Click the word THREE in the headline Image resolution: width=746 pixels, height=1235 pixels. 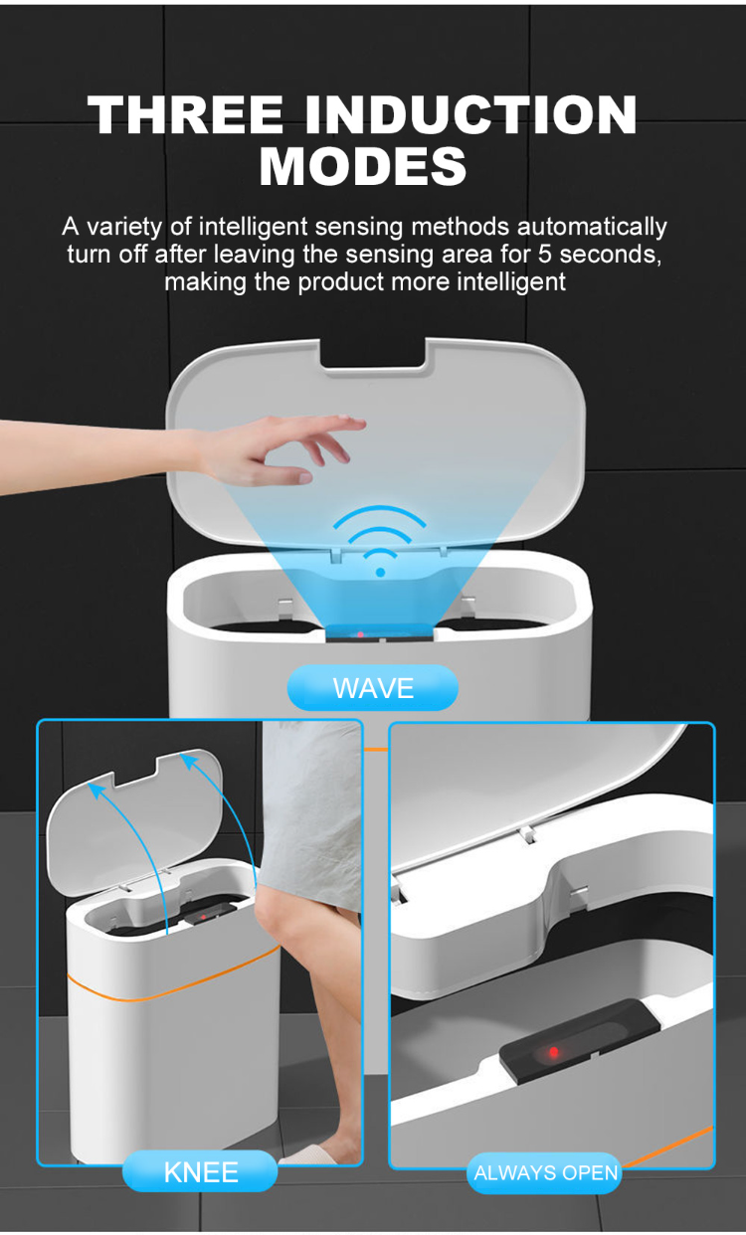coord(186,115)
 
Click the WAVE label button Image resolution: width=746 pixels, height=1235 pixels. coord(373,687)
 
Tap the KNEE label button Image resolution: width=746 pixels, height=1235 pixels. coord(200,1171)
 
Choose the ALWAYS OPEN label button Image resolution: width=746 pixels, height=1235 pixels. coord(546,1173)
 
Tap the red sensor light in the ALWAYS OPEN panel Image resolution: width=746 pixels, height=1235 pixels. coord(553,1052)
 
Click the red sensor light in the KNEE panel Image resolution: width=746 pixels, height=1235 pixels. coord(205,916)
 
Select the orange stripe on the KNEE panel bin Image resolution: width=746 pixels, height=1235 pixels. coord(169,986)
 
